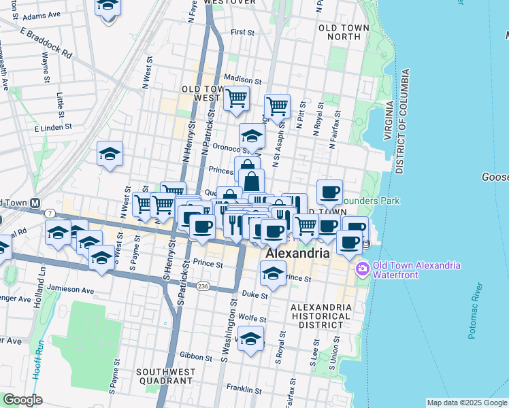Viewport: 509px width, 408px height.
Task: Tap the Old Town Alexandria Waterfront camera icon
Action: (x=362, y=269)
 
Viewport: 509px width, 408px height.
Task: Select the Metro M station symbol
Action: (x=34, y=203)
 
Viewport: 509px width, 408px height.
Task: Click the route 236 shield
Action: (x=203, y=287)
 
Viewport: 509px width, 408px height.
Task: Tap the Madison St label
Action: (x=237, y=80)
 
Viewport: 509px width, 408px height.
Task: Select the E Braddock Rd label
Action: (x=46, y=42)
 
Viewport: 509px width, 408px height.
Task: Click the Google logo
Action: (x=23, y=400)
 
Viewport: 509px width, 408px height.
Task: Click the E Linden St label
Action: (x=50, y=127)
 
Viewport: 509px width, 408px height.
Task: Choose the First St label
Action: (x=242, y=32)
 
